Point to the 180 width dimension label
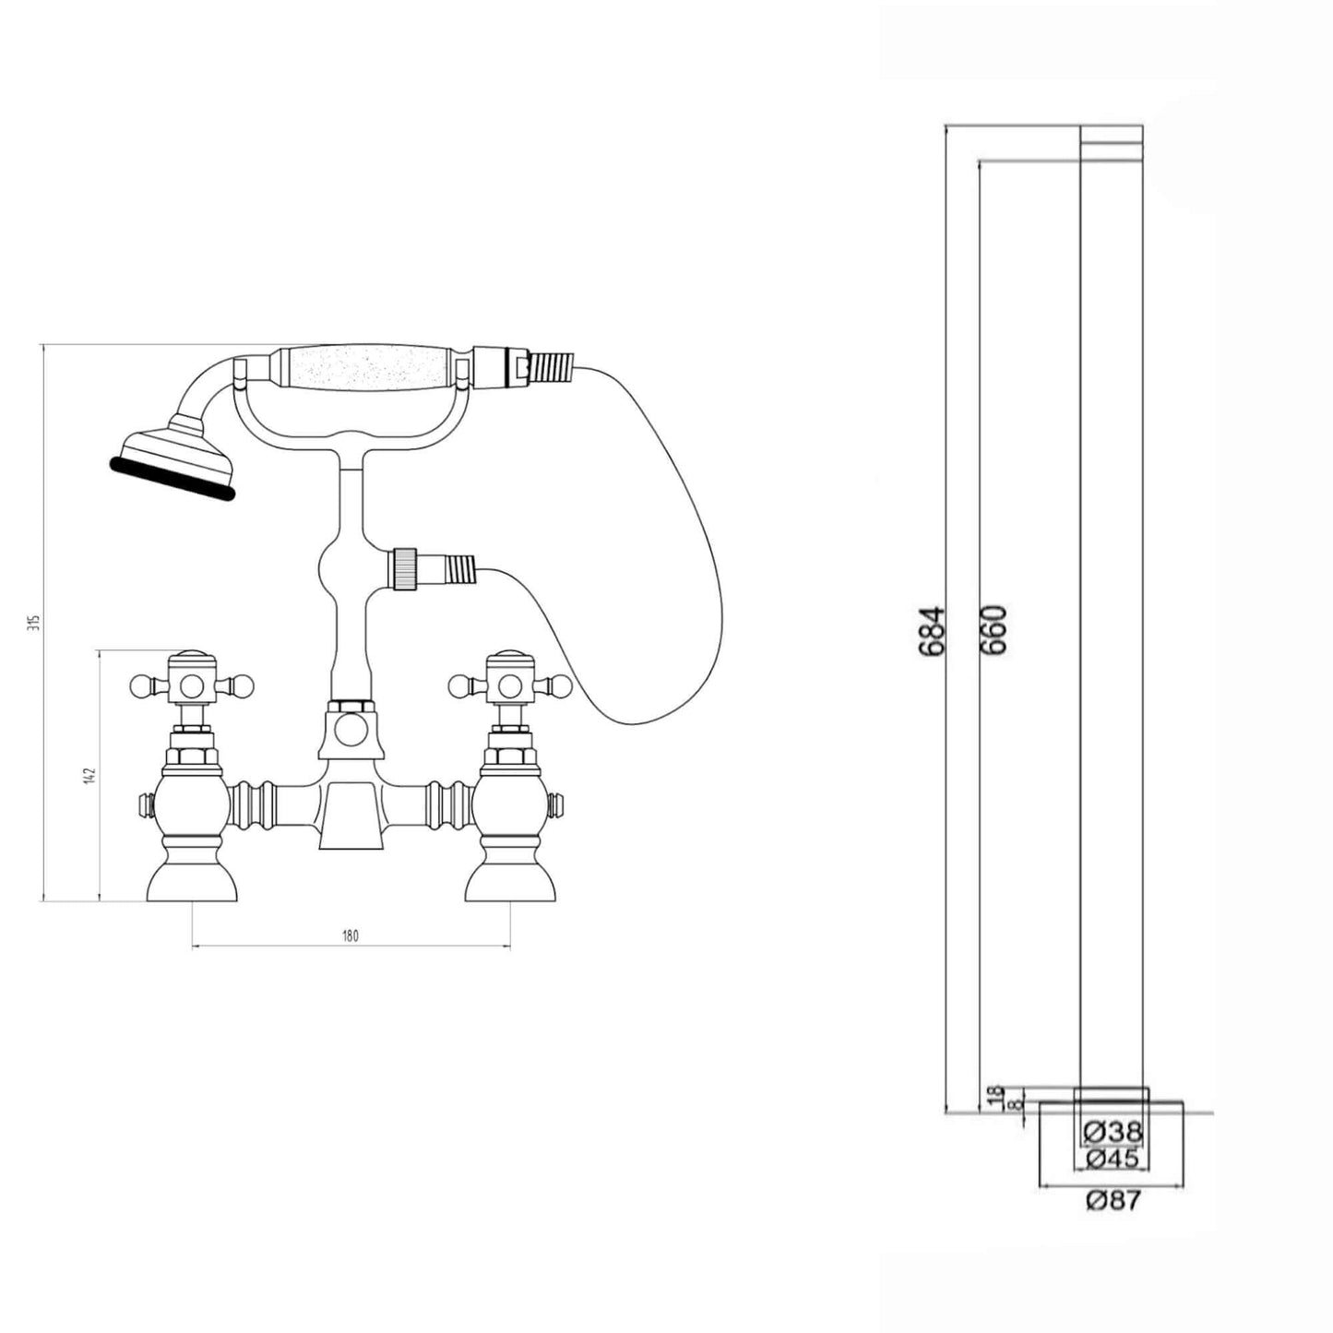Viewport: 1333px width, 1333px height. point(351,936)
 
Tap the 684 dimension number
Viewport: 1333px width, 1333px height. point(932,630)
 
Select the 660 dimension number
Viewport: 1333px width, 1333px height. point(994,630)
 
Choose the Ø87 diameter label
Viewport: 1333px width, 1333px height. point(1112,1200)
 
